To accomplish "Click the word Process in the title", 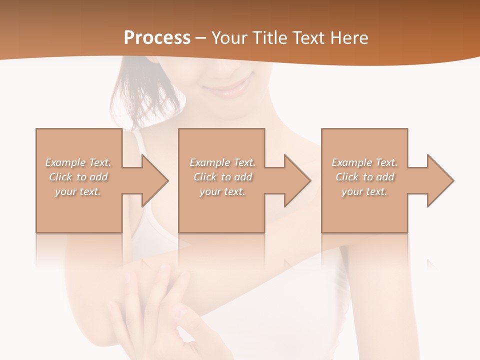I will (157, 38).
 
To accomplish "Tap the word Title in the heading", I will (268, 38).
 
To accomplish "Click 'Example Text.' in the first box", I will (78, 162).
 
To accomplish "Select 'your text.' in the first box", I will (78, 191).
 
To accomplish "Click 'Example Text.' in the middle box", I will (222, 162).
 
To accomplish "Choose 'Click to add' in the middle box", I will (222, 177).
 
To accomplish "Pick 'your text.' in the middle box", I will (222, 191).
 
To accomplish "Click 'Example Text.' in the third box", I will (364, 162).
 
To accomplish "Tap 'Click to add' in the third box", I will (364, 177).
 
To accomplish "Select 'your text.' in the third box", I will (364, 191).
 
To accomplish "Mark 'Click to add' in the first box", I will (78, 177).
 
